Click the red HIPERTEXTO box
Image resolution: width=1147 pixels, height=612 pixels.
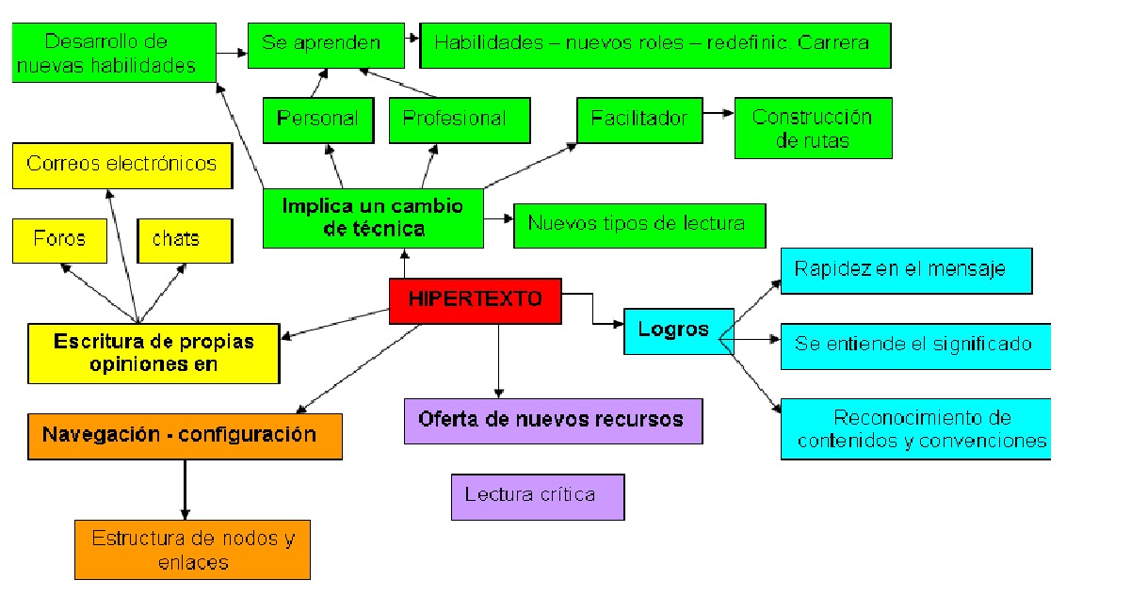[476, 300]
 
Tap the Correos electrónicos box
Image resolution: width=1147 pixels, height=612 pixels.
[121, 165]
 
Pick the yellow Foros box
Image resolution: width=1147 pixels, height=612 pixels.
[58, 240]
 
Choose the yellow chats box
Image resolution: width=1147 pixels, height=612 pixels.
[185, 240]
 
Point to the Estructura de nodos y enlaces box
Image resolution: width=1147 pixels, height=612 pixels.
[192, 551]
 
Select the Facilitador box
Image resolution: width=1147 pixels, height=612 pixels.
[639, 120]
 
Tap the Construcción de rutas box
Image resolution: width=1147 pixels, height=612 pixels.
[812, 129]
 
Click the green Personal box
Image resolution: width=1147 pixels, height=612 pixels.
[317, 120]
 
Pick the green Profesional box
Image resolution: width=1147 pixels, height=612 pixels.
[460, 120]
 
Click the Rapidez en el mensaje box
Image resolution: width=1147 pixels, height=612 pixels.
[906, 270]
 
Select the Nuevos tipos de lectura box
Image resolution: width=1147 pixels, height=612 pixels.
[639, 225]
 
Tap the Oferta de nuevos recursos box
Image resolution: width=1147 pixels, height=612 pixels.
[553, 420]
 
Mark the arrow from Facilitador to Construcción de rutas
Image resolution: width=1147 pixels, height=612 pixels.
[719, 114]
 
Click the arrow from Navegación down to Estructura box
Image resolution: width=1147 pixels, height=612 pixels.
[185, 490]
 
